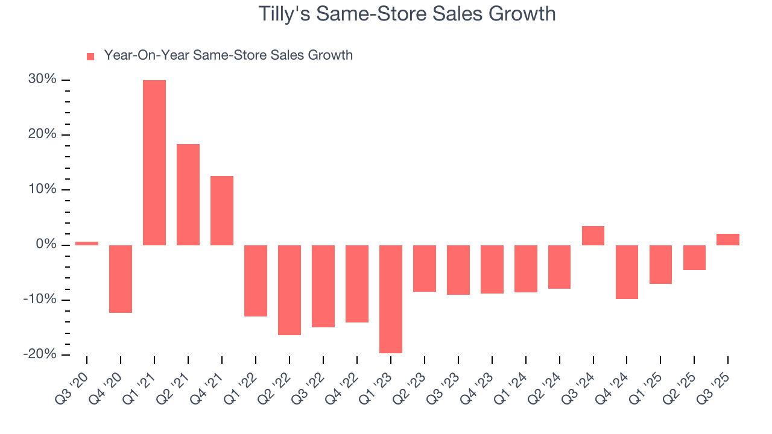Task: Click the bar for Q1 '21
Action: (154, 163)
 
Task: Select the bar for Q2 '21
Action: (188, 195)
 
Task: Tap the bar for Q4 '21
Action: (222, 210)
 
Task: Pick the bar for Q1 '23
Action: (391, 299)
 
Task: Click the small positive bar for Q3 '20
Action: (87, 244)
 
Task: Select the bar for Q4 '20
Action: (121, 279)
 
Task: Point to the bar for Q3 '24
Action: (593, 236)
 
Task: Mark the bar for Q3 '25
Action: (728, 239)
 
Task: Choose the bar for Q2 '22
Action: (289, 290)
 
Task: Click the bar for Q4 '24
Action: (627, 272)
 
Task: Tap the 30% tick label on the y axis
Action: (42, 80)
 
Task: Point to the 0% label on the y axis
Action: (46, 245)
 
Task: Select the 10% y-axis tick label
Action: (42, 190)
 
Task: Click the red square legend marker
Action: (90, 57)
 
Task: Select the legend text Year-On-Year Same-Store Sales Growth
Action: (228, 55)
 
